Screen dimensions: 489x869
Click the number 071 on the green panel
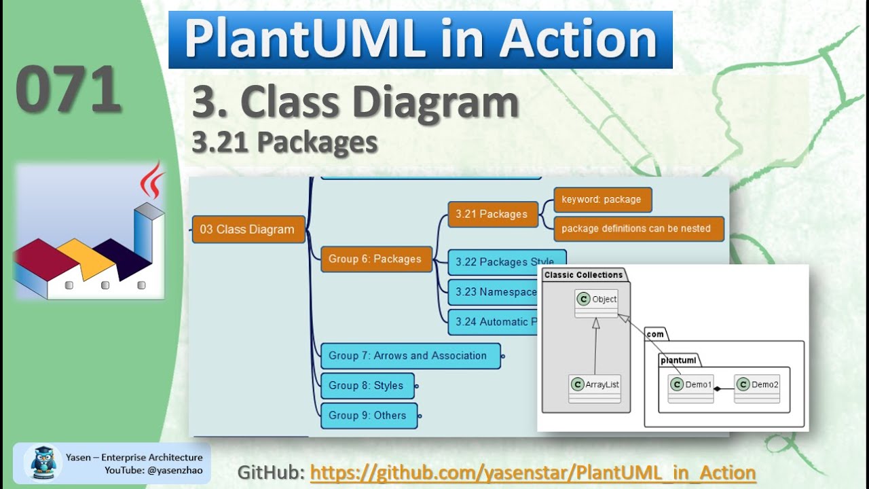pyautogui.click(x=68, y=90)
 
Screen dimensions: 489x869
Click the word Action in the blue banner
pyautogui.click(x=578, y=39)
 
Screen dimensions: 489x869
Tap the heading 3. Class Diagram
pyautogui.click(x=355, y=103)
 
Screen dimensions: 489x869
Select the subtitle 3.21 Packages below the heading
pyautogui.click(x=284, y=142)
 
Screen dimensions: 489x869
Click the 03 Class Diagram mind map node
pyautogui.click(x=247, y=230)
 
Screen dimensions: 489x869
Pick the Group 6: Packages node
pyautogui.click(x=375, y=259)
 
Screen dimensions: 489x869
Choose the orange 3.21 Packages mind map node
pyautogui.click(x=492, y=214)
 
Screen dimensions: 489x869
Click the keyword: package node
pyautogui.click(x=602, y=200)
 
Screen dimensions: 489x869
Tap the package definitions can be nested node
pyautogui.click(x=636, y=228)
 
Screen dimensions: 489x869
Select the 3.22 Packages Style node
pyautogui.click(x=504, y=261)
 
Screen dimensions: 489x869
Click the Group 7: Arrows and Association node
pyautogui.click(x=408, y=356)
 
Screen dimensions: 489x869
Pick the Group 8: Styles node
pyautogui.click(x=366, y=386)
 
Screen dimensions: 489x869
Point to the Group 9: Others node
pyautogui.click(x=367, y=416)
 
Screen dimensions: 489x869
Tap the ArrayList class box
pyautogui.click(x=595, y=388)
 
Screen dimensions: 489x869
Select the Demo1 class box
pyautogui.click(x=690, y=388)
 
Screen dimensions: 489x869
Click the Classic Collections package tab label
pyautogui.click(x=583, y=275)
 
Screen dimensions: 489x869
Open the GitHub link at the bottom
pyautogui.click(x=533, y=473)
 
